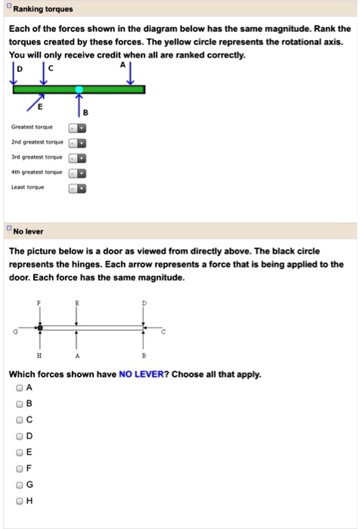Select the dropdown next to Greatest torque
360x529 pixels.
pos(78,129)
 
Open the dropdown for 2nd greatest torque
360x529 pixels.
pos(78,144)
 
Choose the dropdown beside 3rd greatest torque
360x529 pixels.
pos(78,158)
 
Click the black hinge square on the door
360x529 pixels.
pos(41,327)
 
